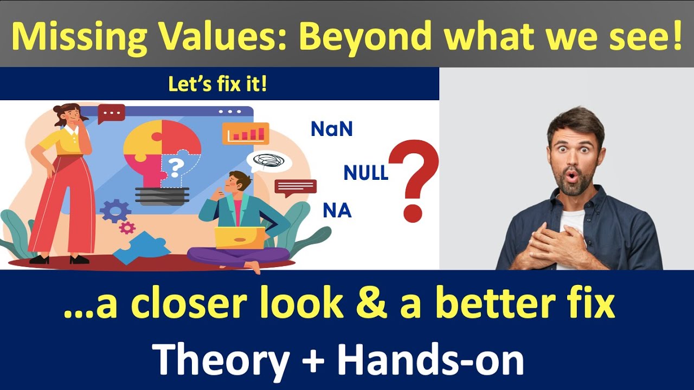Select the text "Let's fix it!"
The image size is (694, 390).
point(217,84)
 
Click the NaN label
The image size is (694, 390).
point(331,129)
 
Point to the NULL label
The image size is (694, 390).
point(366,173)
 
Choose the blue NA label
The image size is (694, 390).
point(337,210)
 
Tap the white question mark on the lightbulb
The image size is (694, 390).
point(175,167)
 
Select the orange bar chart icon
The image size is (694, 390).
point(245,133)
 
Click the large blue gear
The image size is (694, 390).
point(115,211)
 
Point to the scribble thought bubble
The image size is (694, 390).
point(268,160)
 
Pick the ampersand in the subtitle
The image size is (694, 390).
point(371,304)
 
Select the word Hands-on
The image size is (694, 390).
point(429,359)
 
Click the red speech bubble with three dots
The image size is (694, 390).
point(112,113)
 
